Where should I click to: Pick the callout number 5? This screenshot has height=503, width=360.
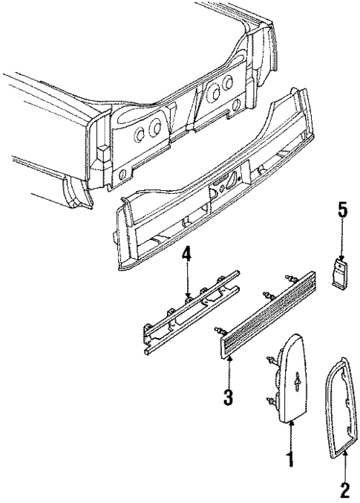tap(341, 210)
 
